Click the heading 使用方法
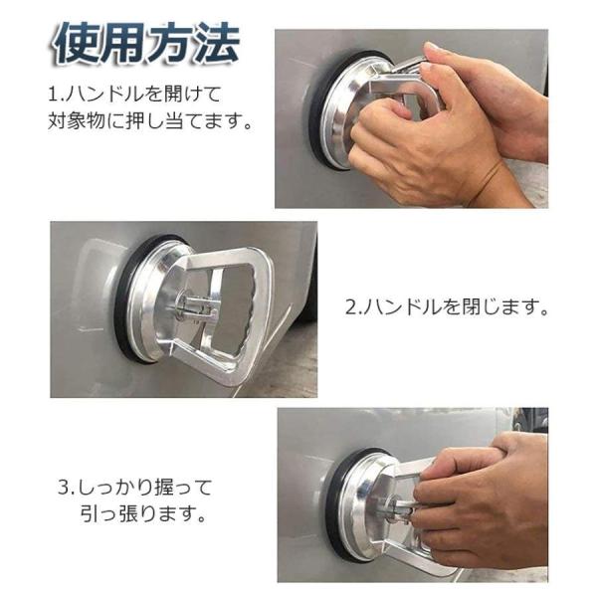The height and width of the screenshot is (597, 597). click(146, 43)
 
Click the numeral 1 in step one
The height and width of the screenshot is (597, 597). click(52, 95)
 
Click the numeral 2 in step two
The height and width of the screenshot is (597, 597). click(350, 306)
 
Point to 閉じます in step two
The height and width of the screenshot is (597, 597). click(504, 306)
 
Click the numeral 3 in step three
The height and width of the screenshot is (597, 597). click(64, 488)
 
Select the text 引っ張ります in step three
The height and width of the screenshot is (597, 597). click(142, 513)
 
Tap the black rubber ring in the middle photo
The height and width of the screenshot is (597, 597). click(122, 304)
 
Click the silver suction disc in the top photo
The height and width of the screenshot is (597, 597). click(335, 114)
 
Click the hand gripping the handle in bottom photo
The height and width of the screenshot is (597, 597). click(480, 506)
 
